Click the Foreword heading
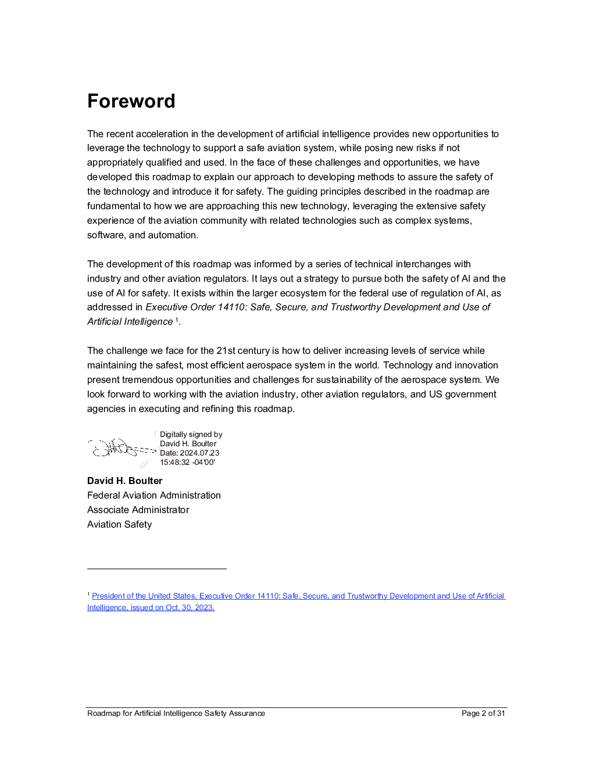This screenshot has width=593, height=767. click(131, 101)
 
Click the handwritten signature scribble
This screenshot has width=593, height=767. click(119, 448)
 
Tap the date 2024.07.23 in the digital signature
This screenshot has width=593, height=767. click(199, 453)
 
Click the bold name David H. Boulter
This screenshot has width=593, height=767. click(124, 481)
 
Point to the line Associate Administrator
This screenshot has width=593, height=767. click(138, 510)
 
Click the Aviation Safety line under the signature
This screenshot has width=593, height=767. click(119, 525)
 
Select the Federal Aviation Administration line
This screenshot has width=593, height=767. click(153, 496)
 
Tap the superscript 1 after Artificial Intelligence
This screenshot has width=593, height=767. click(177, 320)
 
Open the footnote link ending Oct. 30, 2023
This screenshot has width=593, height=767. click(151, 608)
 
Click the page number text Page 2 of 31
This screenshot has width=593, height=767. click(483, 714)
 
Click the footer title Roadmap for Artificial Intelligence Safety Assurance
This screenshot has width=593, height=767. click(176, 714)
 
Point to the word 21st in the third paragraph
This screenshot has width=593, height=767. click(226, 351)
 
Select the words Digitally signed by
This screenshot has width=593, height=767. click(191, 435)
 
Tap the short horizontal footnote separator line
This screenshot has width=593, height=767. click(156, 569)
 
